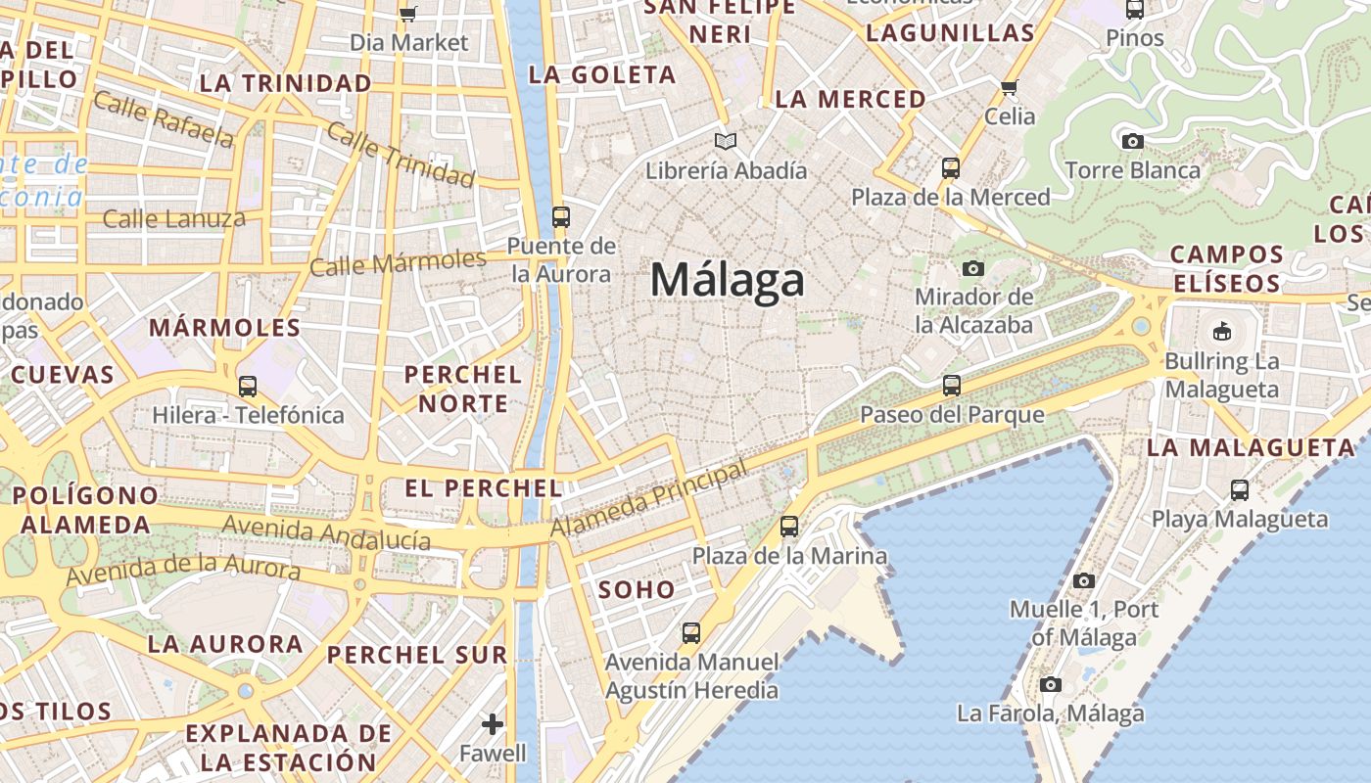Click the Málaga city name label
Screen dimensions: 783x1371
(728, 281)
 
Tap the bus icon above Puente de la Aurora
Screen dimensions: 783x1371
(561, 216)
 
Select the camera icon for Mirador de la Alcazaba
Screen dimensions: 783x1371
(972, 268)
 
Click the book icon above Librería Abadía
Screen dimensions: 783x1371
(725, 142)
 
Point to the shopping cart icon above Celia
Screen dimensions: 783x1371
(1010, 87)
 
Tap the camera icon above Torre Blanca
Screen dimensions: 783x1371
(1133, 141)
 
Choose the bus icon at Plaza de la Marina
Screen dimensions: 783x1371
(789, 527)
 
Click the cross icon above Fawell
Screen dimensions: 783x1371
(493, 724)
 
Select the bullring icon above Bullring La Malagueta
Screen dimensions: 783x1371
(1221, 332)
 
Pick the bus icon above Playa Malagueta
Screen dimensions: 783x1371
(1240, 489)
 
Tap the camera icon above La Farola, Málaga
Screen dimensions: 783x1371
(1051, 684)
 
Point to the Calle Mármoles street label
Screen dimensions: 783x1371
(398, 262)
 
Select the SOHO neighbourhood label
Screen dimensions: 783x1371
(637, 589)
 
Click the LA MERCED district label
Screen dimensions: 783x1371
(850, 99)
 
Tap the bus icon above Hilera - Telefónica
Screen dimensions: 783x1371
(248, 387)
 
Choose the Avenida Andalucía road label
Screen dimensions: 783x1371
(326, 533)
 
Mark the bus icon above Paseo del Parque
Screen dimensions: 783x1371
(952, 386)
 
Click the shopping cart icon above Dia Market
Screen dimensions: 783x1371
(408, 14)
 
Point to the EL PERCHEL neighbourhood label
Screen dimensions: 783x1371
(483, 487)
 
